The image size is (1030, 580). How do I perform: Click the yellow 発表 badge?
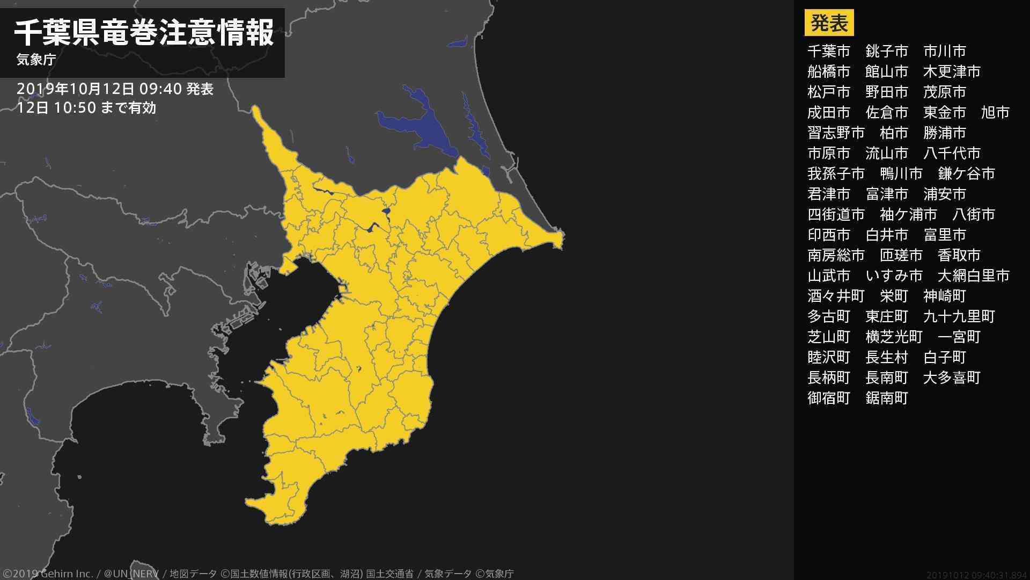click(829, 23)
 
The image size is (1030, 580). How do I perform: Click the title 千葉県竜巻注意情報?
click(144, 33)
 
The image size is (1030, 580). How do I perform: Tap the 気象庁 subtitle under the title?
click(36, 60)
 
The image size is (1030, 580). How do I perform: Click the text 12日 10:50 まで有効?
click(86, 108)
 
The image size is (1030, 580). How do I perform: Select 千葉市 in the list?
click(829, 51)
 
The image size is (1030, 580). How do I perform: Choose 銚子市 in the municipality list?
click(887, 51)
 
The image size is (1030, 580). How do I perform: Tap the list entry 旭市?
click(995, 112)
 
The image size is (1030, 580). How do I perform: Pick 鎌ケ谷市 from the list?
click(966, 173)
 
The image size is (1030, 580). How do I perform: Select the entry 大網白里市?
click(973, 275)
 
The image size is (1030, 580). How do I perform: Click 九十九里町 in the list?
click(959, 316)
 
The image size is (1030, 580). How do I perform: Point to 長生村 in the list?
click(887, 357)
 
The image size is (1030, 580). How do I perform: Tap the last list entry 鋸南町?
click(887, 398)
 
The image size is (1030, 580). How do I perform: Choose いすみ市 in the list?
click(894, 275)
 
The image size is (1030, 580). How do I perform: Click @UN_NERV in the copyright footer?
click(131, 574)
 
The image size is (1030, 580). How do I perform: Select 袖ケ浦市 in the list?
click(908, 214)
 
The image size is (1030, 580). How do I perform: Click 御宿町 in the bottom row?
click(829, 398)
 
